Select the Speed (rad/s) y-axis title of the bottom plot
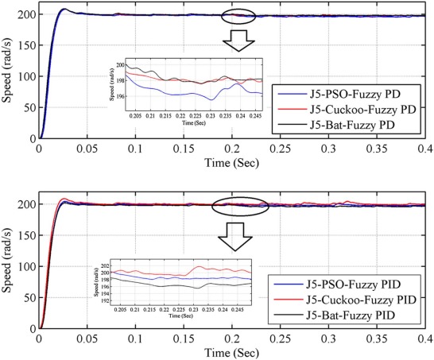[8, 264]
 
